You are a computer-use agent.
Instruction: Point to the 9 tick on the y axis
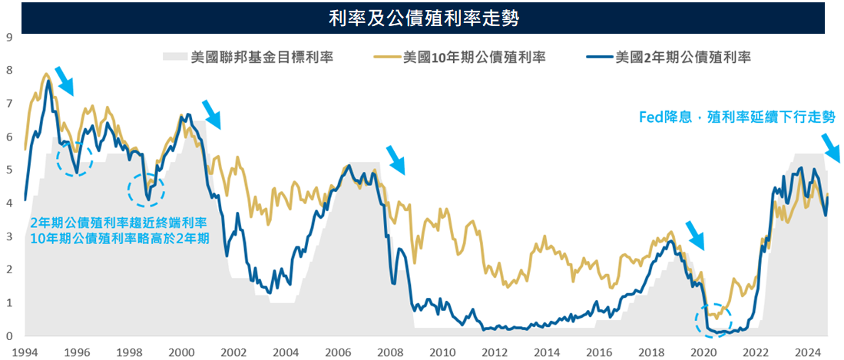click(9, 36)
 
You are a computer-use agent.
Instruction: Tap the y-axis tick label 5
click(9, 170)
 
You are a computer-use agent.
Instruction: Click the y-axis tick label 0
click(9, 336)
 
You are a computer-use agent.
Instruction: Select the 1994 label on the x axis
click(25, 352)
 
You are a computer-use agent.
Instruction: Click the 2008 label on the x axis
click(390, 352)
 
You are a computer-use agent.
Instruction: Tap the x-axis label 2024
click(806, 352)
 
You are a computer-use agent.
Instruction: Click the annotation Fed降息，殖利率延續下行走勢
click(737, 117)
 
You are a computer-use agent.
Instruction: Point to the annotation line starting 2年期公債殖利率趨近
click(119, 223)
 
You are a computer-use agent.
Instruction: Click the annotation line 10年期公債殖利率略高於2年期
click(119, 238)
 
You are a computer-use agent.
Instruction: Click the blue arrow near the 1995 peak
click(65, 80)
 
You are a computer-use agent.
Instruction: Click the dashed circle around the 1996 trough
click(75, 159)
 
